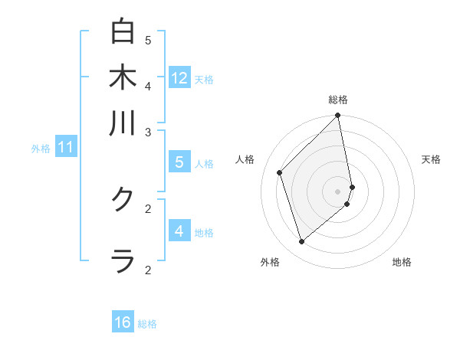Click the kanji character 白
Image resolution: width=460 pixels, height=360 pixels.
tap(123, 32)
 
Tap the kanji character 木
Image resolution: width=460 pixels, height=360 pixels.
tap(123, 77)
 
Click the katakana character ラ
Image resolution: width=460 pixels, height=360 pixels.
tap(123, 260)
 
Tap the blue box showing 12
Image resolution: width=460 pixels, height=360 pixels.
tap(179, 77)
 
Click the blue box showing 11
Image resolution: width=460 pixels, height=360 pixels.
tap(65, 146)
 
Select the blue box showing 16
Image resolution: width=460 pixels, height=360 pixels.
tap(123, 322)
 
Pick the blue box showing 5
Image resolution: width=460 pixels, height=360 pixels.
tap(179, 162)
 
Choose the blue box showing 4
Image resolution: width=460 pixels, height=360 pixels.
tap(179, 231)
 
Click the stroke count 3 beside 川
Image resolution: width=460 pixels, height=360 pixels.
tap(148, 133)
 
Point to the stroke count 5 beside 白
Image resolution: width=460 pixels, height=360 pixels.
tap(148, 40)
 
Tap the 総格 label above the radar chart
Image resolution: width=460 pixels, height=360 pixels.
tap(338, 100)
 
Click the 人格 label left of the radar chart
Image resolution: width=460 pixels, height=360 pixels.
tap(245, 159)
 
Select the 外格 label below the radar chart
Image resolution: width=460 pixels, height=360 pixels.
tap(270, 262)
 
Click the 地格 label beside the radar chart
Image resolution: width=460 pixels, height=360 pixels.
tap(402, 262)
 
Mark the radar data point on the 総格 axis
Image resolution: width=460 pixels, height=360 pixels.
tap(338, 116)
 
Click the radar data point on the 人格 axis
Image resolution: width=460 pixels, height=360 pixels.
tap(280, 172)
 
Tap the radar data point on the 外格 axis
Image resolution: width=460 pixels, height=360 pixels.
tap(302, 242)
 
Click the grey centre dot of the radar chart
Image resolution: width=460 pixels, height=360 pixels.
tap(338, 191)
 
